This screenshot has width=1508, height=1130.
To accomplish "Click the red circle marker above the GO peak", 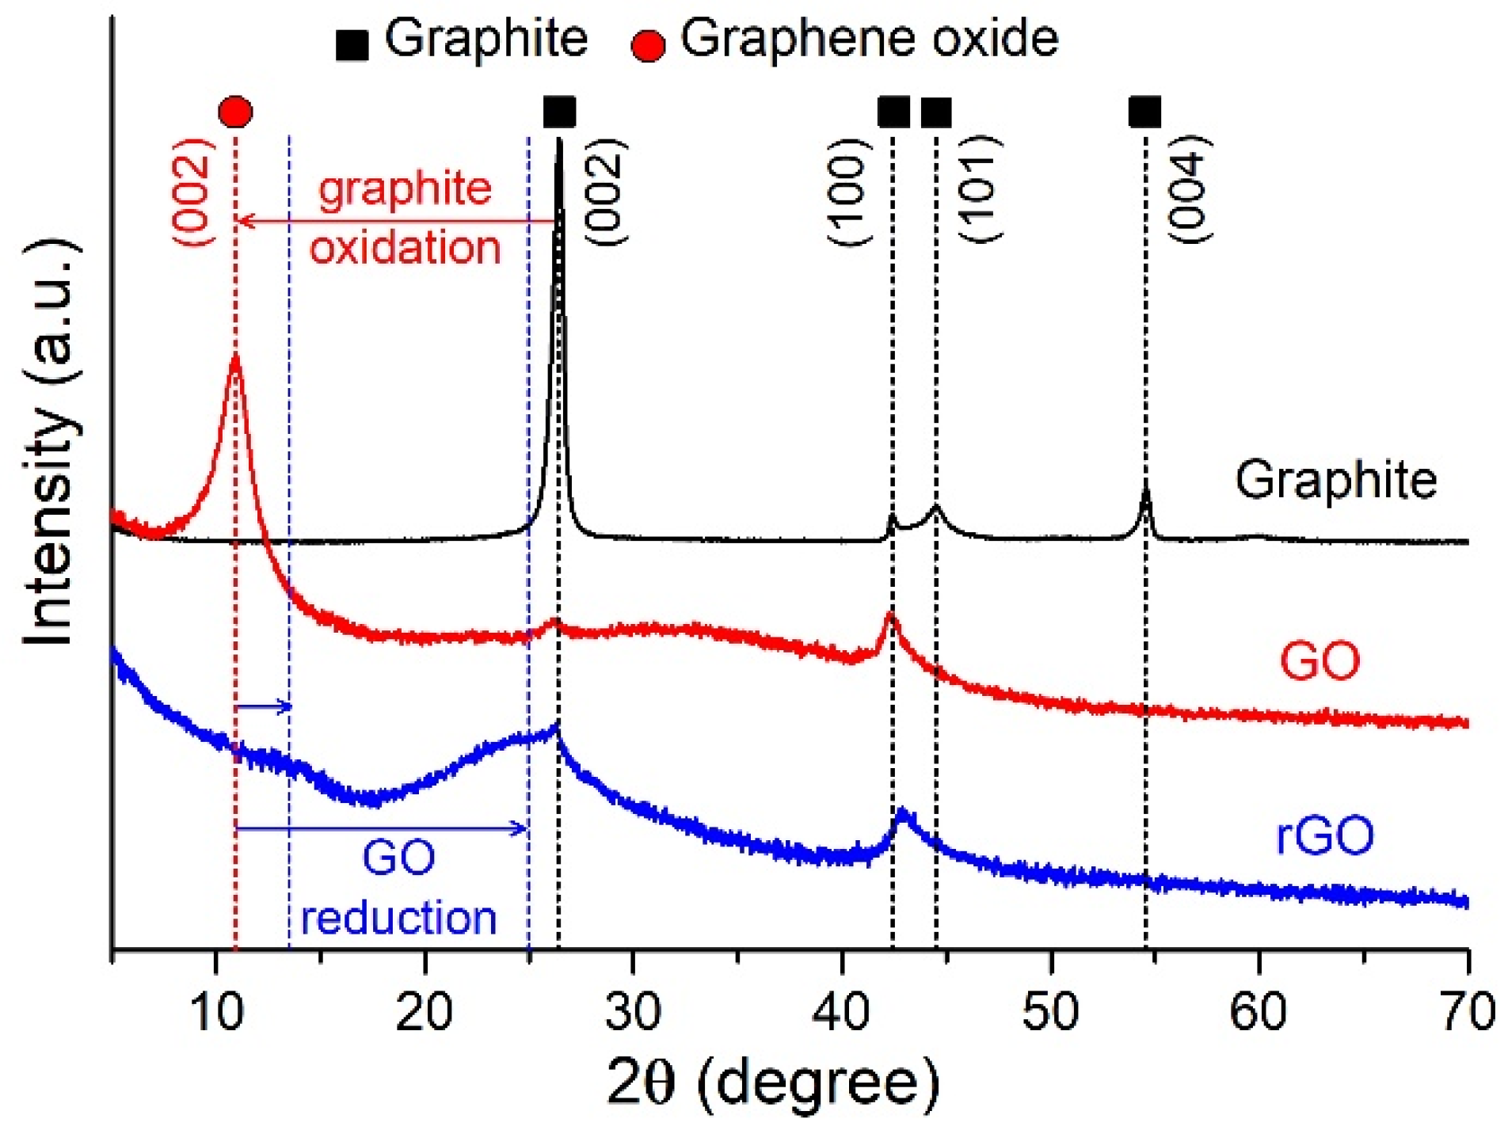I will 235,112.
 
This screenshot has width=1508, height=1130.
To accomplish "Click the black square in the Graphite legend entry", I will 352,45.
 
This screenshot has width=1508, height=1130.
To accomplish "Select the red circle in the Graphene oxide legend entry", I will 647,46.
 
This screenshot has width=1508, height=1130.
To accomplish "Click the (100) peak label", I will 850,192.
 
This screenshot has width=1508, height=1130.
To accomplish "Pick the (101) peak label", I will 981,190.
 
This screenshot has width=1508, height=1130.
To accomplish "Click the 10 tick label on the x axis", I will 215,1012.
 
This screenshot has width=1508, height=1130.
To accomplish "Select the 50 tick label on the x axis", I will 1050,1012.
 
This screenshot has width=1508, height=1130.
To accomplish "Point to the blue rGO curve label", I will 1325,835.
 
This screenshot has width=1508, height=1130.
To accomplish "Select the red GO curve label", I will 1319,660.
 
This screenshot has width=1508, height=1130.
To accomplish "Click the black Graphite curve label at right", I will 1335,480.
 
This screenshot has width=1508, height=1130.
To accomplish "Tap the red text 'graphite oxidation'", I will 405,218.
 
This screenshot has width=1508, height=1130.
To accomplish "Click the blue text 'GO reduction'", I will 398,887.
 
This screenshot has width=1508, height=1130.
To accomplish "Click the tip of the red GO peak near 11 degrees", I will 235,358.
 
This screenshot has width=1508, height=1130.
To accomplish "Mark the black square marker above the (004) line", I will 1144,112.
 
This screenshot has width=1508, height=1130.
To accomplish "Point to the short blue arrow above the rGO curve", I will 264,706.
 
